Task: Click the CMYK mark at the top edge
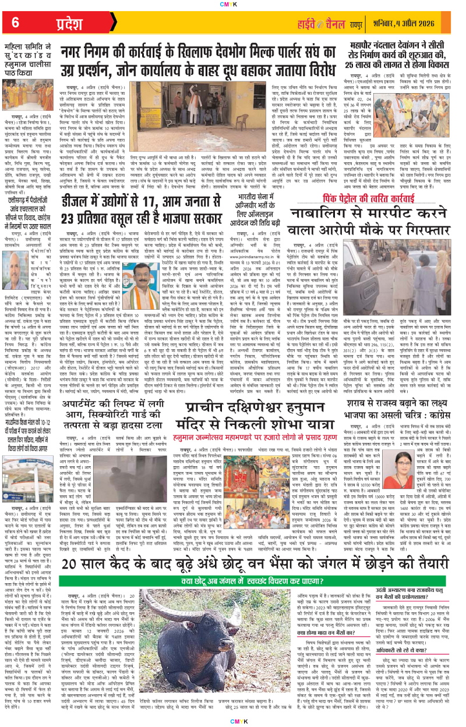(233, 3)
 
